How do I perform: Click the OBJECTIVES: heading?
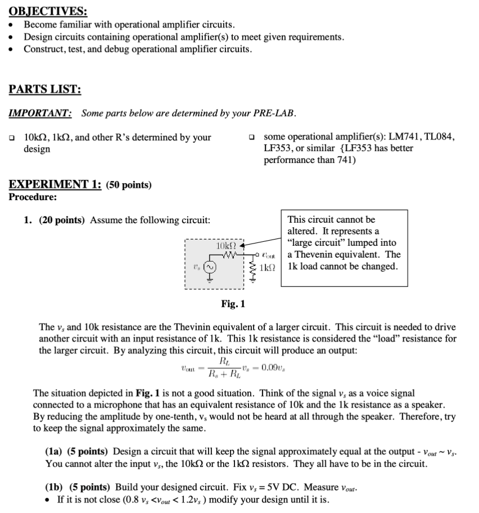click(48, 11)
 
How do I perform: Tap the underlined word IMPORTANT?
click(40, 113)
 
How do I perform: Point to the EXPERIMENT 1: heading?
click(55, 185)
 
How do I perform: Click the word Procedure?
click(33, 197)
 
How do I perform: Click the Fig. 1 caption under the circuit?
click(233, 304)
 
